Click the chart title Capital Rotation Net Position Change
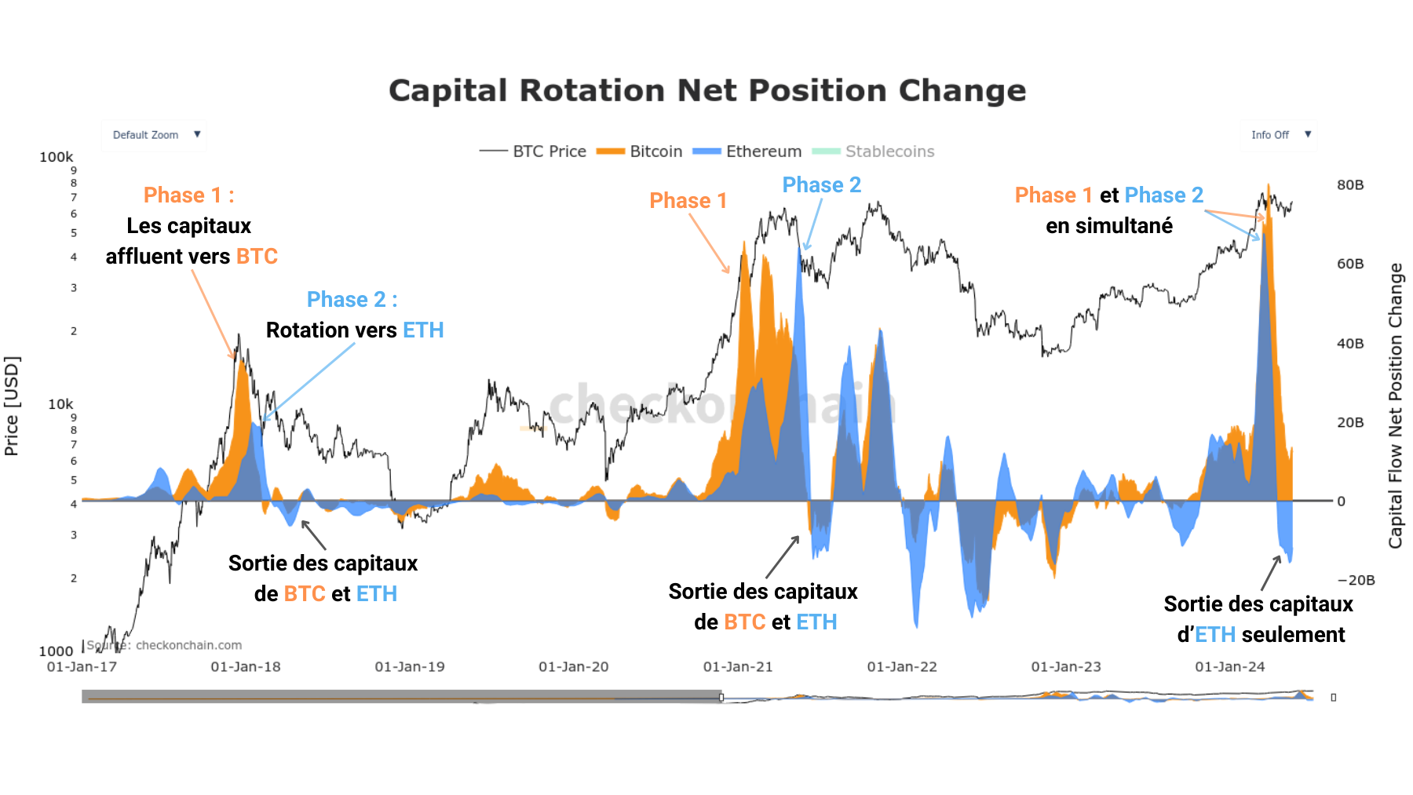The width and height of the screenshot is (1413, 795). click(707, 91)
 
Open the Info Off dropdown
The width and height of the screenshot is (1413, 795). click(1279, 135)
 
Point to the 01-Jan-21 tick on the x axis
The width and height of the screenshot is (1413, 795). click(738, 667)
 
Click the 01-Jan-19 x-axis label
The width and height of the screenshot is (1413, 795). click(410, 667)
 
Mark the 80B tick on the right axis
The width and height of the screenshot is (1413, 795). click(1350, 185)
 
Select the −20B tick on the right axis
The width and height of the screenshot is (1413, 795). click(1356, 581)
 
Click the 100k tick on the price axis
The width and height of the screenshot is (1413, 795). click(57, 157)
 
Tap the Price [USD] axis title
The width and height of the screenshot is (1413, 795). click(12, 406)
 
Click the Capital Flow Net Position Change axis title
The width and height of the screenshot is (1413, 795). click(1395, 406)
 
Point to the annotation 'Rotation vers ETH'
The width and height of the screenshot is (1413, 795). click(355, 330)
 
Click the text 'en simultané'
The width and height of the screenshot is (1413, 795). click(1109, 226)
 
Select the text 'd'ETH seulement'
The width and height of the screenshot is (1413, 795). click(1261, 635)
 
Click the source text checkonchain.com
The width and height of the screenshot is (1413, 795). click(188, 645)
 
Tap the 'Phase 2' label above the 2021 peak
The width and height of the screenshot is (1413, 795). click(821, 185)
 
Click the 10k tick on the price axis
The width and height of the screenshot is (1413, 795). click(60, 404)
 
